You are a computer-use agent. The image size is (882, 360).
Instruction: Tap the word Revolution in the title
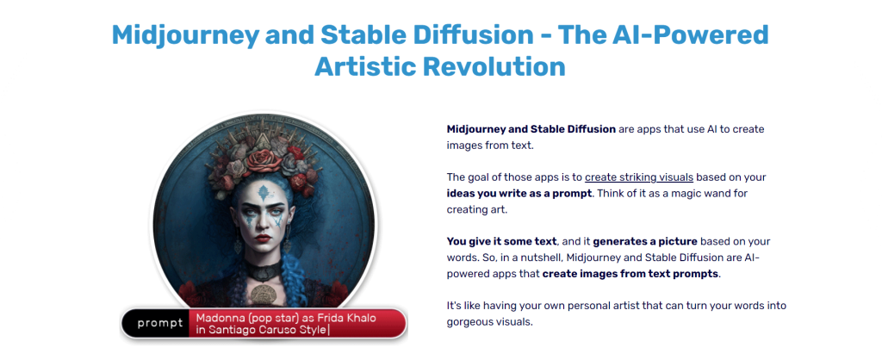[x=494, y=67]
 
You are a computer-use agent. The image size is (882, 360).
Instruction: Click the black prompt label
[x=159, y=323]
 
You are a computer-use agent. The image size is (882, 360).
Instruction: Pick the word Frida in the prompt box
[x=333, y=318]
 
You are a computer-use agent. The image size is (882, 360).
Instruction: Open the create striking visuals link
[x=639, y=177]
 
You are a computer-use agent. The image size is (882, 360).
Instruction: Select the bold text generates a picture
[x=645, y=242]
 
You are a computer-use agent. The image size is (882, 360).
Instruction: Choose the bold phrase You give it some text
[x=502, y=242]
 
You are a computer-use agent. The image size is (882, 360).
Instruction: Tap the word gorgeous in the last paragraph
[x=469, y=323]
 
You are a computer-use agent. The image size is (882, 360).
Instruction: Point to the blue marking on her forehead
[x=264, y=193]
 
